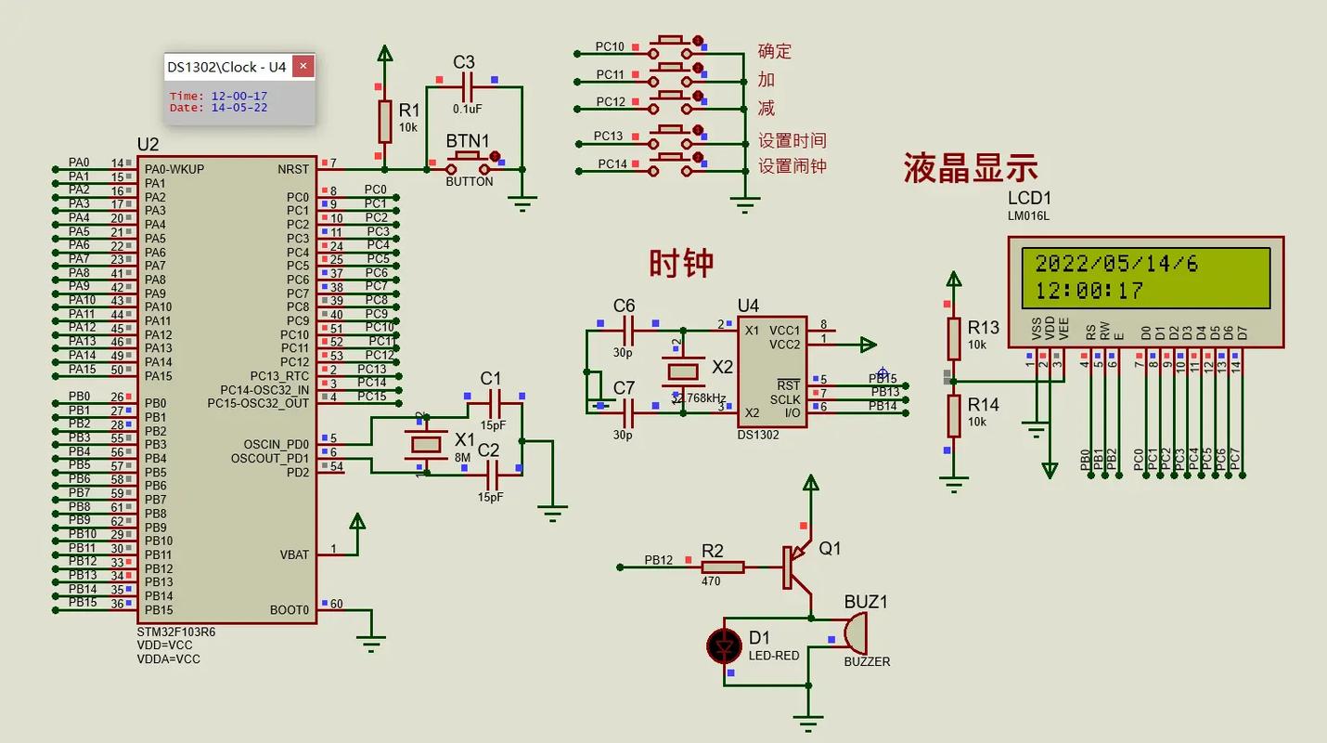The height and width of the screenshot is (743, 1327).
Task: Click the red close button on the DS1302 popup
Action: [x=303, y=67]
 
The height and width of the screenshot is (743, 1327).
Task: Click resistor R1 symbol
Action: [x=384, y=120]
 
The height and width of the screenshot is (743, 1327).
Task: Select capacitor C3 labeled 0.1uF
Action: [x=467, y=87]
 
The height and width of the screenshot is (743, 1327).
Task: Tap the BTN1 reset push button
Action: [x=469, y=164]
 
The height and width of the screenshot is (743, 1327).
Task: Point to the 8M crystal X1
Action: [x=426, y=444]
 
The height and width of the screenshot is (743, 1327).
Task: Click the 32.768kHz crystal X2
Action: [x=683, y=371]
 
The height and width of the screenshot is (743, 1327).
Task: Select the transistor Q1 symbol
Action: [x=792, y=567]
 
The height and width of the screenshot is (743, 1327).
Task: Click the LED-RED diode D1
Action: [x=724, y=645]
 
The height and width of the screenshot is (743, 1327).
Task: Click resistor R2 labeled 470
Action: [x=723, y=567]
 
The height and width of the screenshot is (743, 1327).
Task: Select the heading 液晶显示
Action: [x=971, y=169]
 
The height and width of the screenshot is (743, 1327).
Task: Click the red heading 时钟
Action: [x=681, y=264]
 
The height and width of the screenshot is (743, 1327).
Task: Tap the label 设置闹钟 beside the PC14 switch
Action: [x=792, y=166]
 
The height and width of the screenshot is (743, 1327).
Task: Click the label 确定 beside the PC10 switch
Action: [x=774, y=51]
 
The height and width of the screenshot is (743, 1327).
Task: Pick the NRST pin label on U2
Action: [x=293, y=169]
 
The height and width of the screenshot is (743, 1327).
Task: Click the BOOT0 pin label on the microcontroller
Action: [x=289, y=610]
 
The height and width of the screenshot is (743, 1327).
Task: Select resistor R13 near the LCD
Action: [x=953, y=339]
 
